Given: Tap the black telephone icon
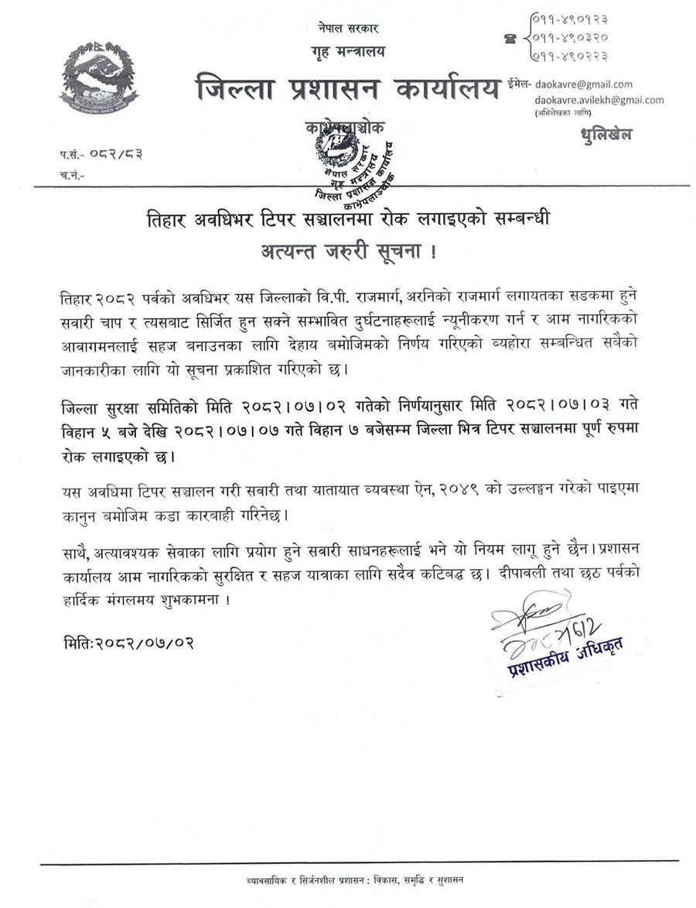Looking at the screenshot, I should point(510,36).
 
